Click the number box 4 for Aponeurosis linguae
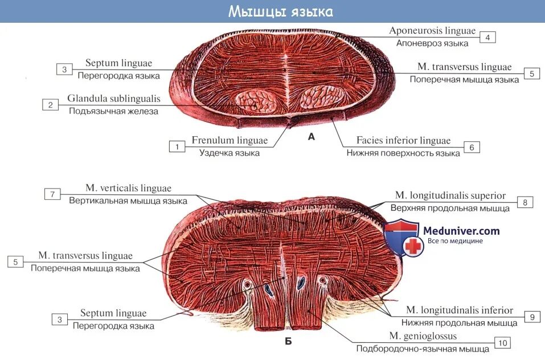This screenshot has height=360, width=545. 487,38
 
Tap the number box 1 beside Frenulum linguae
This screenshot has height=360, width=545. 177,147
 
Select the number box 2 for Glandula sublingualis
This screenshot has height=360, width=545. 50,105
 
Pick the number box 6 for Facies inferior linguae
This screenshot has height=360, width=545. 472,147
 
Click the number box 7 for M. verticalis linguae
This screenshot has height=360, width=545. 52,194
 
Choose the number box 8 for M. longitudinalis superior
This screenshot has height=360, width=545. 524,202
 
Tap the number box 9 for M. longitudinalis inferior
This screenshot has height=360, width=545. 531,317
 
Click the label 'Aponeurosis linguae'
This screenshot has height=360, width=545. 432,31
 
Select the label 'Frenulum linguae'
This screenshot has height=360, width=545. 230,140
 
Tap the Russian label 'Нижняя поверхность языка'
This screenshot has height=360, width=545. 403,153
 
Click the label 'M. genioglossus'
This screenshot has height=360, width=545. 423,336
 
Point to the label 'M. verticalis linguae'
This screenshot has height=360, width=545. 128,188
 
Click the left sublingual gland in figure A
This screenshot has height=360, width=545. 256,101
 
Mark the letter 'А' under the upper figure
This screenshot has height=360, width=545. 311,136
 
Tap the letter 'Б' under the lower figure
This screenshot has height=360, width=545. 288,342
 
